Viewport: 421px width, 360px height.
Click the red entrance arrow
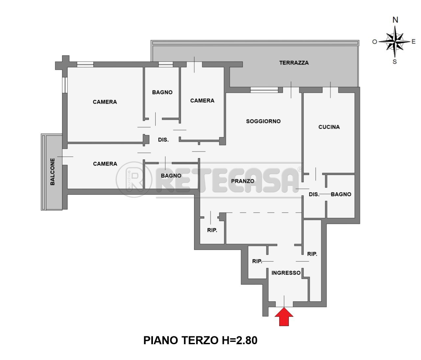[284, 316]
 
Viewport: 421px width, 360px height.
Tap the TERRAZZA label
[294, 63]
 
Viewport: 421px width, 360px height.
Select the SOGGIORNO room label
[263, 121]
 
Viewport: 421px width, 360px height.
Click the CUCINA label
[329, 127]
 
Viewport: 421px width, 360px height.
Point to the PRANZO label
[242, 181]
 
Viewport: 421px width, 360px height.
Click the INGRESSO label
[286, 273]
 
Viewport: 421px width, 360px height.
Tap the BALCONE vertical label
[53, 172]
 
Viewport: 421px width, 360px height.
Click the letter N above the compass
[395, 20]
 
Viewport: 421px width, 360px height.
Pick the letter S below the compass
[395, 62]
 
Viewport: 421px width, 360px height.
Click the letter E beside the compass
[413, 41]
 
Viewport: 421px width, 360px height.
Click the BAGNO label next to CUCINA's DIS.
[341, 194]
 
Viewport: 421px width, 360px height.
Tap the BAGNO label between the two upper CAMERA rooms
[162, 92]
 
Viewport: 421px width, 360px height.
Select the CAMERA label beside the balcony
[105, 164]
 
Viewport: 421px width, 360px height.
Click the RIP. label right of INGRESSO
[312, 254]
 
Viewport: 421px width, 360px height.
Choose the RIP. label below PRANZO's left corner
[212, 230]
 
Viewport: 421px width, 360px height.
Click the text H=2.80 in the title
[238, 340]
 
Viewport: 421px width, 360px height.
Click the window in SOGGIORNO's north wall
[264, 90]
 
